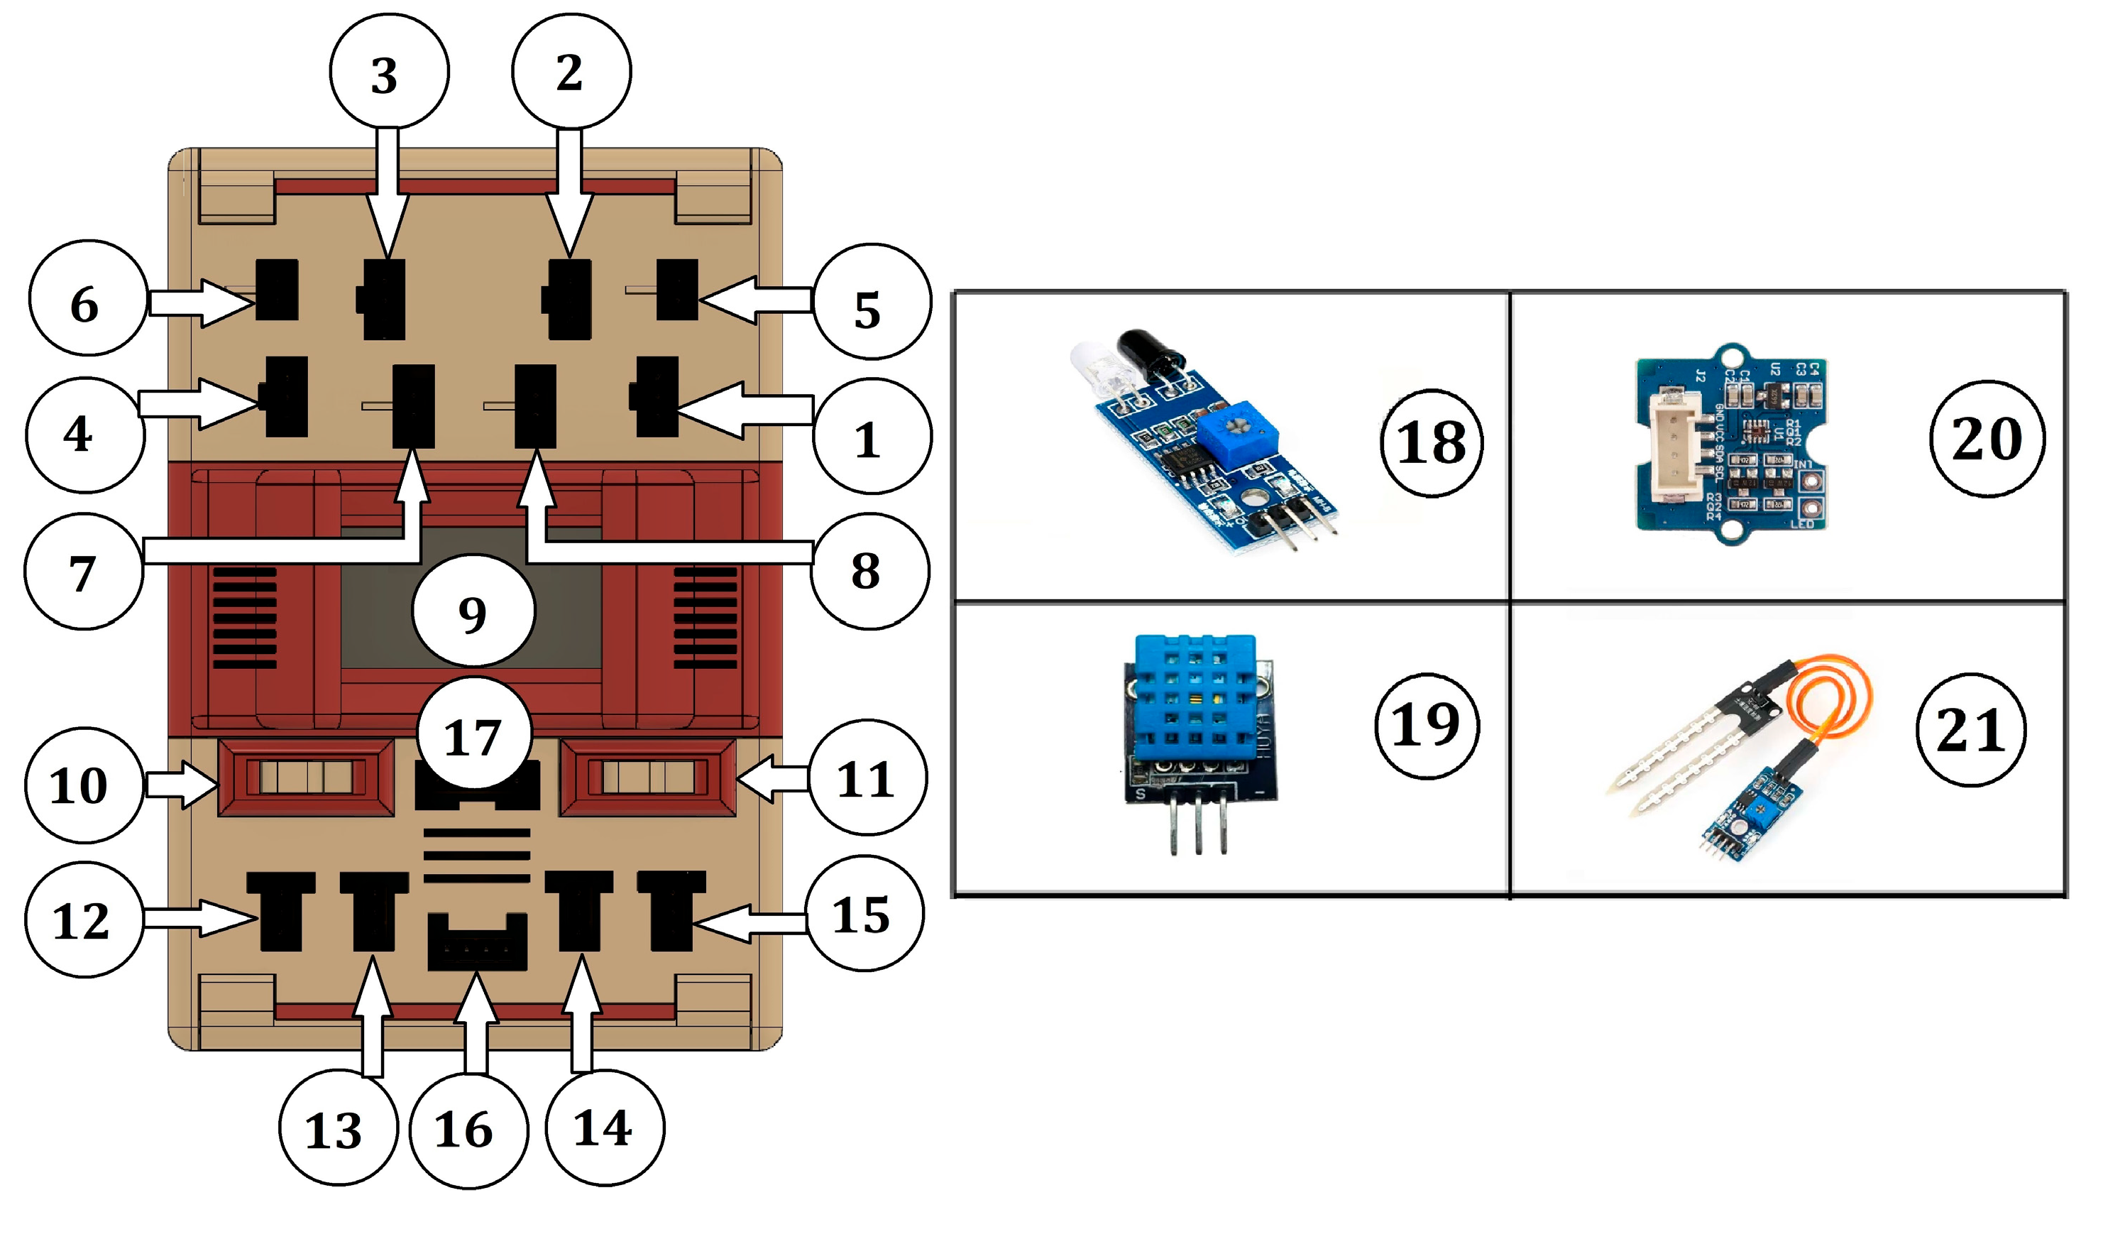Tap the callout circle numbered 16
pos(468,1130)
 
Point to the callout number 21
pos(1971,730)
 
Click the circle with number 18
pos(1431,442)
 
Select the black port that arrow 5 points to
pos(677,290)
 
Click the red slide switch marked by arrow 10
pos(305,776)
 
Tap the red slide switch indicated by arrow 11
pos(648,776)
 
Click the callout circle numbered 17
pos(473,735)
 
